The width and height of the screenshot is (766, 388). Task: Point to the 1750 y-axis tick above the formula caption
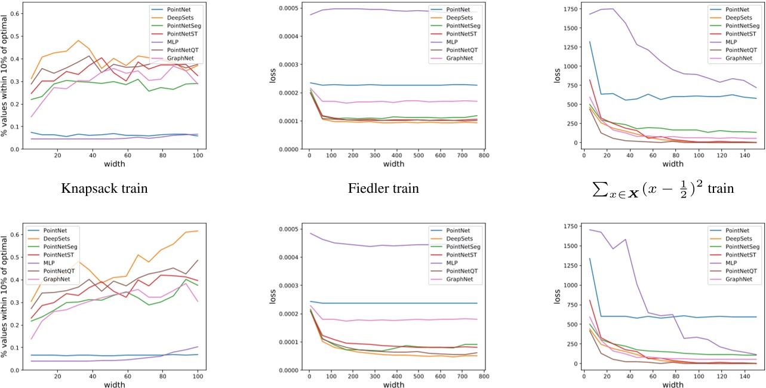click(570, 10)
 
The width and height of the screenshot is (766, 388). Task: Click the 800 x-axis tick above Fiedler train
click(480, 156)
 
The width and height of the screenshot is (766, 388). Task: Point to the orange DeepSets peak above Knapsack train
click(78, 41)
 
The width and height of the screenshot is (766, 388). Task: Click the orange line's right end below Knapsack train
click(198, 231)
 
